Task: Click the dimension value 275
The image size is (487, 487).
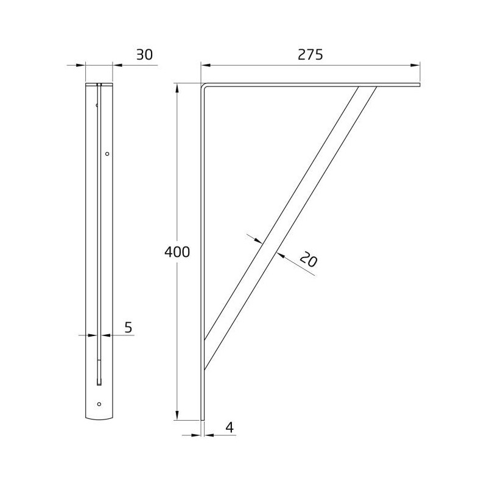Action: tap(310, 55)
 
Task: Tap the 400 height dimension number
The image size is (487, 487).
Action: tap(177, 252)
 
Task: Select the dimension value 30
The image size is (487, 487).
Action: tap(144, 55)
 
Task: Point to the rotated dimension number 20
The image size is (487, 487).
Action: tap(309, 259)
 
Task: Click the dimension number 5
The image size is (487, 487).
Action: tap(128, 328)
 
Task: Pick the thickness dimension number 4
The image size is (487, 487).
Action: tap(229, 427)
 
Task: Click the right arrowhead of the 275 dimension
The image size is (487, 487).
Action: tap(416, 65)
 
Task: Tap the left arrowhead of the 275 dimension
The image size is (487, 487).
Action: tap(206, 65)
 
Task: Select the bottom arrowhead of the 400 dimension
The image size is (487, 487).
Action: tap(177, 415)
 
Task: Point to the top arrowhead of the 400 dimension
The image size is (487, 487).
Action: tap(177, 88)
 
